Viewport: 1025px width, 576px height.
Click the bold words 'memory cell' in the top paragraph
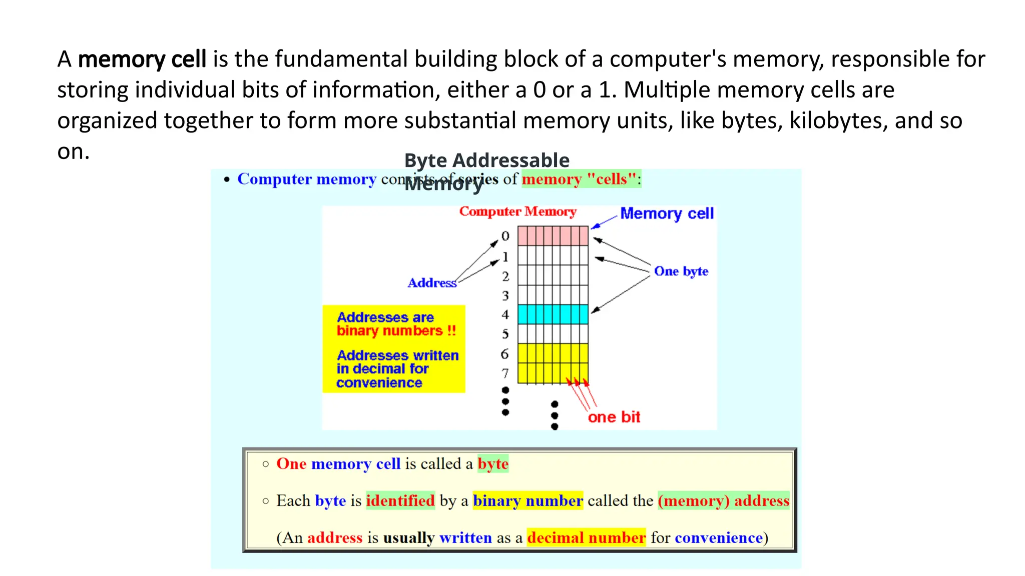click(142, 59)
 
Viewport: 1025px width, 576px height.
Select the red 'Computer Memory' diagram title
click(518, 211)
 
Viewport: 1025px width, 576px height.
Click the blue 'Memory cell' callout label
click(667, 213)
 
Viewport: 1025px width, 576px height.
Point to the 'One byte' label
click(681, 271)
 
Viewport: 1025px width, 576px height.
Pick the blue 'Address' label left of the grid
click(432, 283)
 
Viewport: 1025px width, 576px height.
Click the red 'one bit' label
click(614, 417)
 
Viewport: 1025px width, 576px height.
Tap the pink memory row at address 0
click(553, 236)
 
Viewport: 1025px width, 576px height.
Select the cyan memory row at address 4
click(553, 314)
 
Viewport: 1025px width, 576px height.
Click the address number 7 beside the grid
click(505, 373)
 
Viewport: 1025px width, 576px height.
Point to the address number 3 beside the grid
click(505, 296)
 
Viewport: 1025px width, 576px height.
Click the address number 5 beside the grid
click(505, 334)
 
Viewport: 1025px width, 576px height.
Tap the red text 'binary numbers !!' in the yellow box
click(396, 331)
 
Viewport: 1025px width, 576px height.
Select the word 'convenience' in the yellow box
click(379, 383)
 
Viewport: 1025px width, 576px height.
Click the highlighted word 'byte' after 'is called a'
click(493, 464)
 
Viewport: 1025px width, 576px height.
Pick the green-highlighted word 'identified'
click(400, 501)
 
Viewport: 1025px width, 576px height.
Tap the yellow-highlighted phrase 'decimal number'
click(586, 538)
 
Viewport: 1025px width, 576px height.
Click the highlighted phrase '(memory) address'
click(724, 501)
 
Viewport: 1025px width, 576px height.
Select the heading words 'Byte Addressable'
click(486, 160)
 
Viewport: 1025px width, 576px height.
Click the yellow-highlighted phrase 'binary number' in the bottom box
click(528, 501)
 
